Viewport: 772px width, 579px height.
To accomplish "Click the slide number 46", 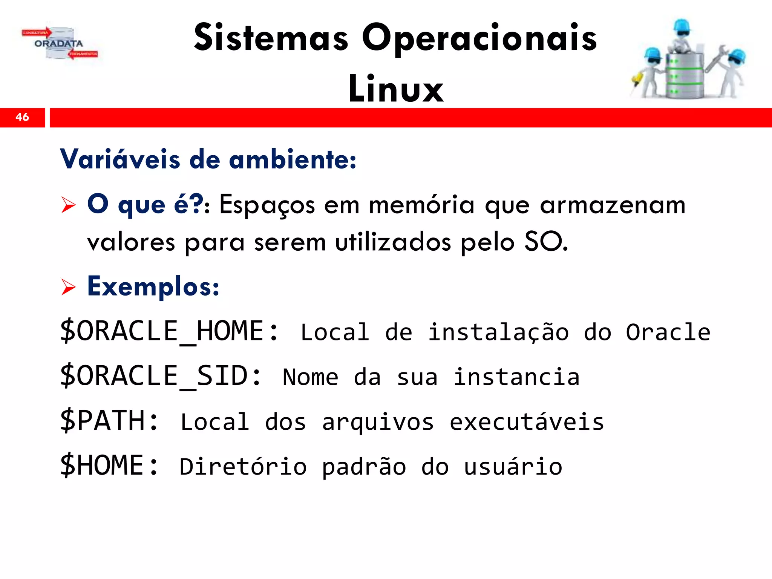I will pyautogui.click(x=22, y=117).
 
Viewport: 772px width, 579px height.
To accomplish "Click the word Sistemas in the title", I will pyautogui.click(x=271, y=38).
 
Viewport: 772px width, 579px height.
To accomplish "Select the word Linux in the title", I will pyautogui.click(x=396, y=89).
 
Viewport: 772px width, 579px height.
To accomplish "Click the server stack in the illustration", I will pyautogui.click(x=684, y=75).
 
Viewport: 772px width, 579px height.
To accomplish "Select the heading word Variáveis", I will pyautogui.click(x=120, y=159).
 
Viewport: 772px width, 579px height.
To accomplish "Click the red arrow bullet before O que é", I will pyautogui.click(x=69, y=205).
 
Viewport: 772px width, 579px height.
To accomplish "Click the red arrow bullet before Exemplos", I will pyautogui.click(x=69, y=287).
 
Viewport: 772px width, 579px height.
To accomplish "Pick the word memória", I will pyautogui.click(x=421, y=205).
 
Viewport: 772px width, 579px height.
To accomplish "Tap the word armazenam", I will pyautogui.click(x=612, y=205).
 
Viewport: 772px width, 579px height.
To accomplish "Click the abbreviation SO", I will pyautogui.click(x=545, y=242).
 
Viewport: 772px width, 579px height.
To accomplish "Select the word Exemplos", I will pyautogui.click(x=152, y=287).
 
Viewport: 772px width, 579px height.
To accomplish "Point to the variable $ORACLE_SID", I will pyautogui.click(x=160, y=376).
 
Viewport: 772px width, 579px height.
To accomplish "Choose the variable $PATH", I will pyautogui.click(x=109, y=421).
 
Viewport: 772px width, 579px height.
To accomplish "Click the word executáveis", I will pyautogui.click(x=527, y=422).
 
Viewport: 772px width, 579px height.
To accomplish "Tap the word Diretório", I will pyautogui.click(x=243, y=467).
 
